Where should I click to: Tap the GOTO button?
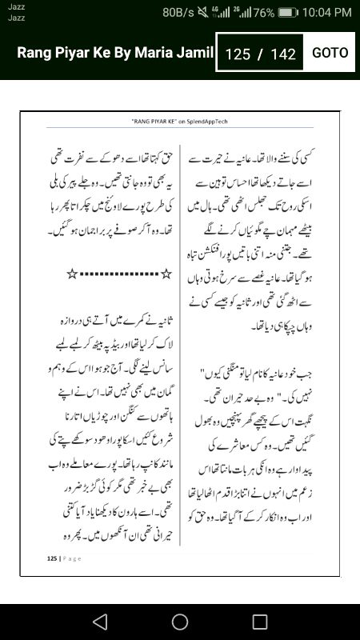point(330,53)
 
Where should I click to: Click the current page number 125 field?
point(238,54)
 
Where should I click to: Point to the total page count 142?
point(283,54)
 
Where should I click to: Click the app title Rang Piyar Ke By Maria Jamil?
point(115,53)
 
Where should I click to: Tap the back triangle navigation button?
point(99,622)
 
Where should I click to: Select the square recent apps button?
point(260,622)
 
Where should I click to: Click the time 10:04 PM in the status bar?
point(322,12)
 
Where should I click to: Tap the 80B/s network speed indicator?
point(179,12)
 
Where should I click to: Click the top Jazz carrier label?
point(16,6)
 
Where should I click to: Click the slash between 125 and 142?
point(260,54)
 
